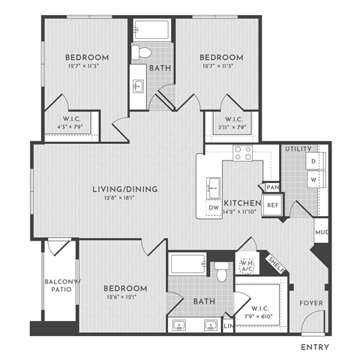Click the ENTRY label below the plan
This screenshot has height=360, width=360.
click(316, 347)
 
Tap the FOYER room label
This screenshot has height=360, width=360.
click(310, 303)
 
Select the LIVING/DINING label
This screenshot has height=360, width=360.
click(125, 189)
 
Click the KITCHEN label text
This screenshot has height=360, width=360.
click(242, 203)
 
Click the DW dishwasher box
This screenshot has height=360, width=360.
click(213, 208)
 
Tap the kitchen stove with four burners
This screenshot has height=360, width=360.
click(242, 154)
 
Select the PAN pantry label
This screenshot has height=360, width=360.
click(272, 187)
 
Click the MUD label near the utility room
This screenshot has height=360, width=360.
click(321, 232)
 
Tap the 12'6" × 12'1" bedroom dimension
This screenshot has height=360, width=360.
click(124, 297)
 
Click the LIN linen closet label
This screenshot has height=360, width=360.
click(229, 327)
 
